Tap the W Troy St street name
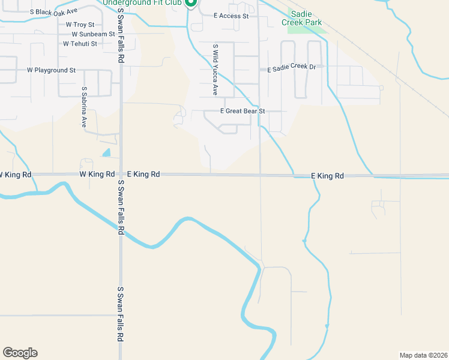point(80,25)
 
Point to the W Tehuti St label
point(76,44)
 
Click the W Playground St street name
point(51,70)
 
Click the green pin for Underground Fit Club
point(191,3)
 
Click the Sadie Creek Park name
point(306,19)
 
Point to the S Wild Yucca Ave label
point(215,70)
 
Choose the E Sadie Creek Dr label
point(291,69)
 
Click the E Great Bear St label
point(243,112)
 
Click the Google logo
point(20,353)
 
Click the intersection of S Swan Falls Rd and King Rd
point(121,175)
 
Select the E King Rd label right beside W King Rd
point(143,175)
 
